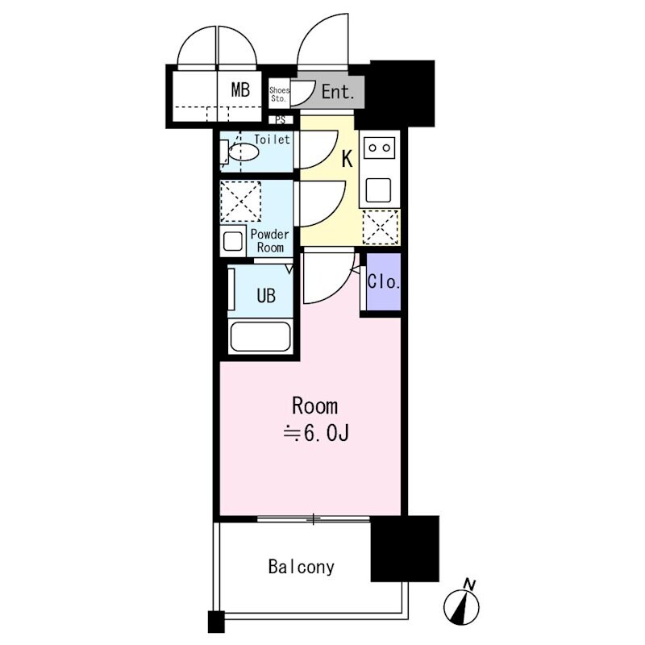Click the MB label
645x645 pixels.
pos(240,89)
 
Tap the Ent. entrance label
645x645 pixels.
pos(338,92)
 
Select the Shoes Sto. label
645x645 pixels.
pos(279,94)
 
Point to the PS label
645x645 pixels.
pos(281,120)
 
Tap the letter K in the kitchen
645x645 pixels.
pos(347,159)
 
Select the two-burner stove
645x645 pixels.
pos(379,148)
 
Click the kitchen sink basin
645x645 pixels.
pos(378,190)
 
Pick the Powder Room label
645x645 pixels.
pos(269,240)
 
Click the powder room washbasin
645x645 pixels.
pos(233,241)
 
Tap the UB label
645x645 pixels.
pos(266,295)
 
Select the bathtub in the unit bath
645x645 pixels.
pos(260,337)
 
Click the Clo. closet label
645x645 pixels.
pos(384,281)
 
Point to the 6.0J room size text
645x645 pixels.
pos(316,433)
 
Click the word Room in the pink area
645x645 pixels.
pos(314,406)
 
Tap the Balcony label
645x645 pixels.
pos(302,567)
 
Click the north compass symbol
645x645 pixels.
pos(461,607)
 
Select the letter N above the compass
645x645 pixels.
pos(469,584)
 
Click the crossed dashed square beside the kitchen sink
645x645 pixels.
pos(381,227)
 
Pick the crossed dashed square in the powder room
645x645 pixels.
pos(240,202)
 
